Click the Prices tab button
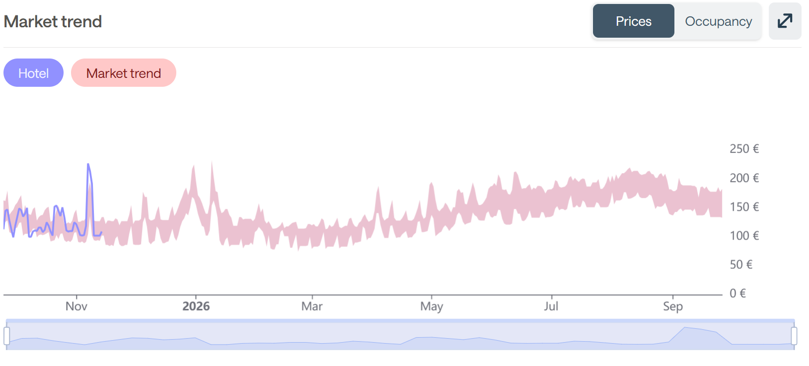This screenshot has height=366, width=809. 633,21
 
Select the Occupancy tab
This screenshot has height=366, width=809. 718,21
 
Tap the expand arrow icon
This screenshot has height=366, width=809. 785,21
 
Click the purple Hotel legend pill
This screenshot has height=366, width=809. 33,73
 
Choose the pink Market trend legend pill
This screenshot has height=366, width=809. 123,73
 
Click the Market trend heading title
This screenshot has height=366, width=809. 53,22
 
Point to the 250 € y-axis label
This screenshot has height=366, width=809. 744,149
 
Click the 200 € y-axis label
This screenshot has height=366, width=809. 744,178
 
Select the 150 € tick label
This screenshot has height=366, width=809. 744,207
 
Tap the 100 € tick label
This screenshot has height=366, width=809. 744,236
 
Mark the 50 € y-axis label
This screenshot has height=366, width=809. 741,264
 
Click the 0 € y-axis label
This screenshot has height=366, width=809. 737,294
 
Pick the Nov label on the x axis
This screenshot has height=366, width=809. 76,306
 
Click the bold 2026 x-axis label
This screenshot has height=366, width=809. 196,306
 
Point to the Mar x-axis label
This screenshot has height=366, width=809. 312,306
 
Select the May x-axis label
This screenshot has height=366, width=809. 432,306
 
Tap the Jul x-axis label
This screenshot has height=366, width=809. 551,306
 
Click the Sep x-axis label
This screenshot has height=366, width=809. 673,306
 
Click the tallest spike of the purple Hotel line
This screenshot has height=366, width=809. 88,165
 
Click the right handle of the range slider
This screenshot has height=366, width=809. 794,336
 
